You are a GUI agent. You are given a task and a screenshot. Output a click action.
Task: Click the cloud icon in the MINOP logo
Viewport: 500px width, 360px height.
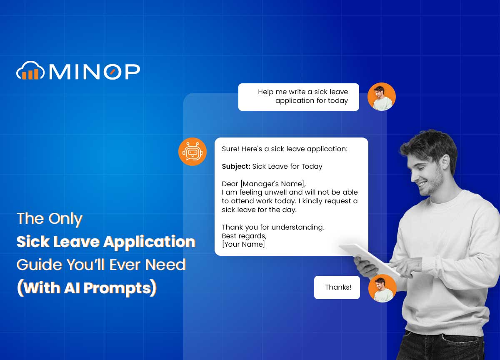click(x=30, y=71)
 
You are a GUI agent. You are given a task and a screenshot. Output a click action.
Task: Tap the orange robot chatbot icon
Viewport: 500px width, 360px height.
click(x=192, y=152)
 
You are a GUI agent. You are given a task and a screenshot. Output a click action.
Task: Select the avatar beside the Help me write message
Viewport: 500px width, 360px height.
click(x=381, y=97)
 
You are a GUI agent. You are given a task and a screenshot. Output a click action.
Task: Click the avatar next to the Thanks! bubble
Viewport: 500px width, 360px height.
click(x=382, y=288)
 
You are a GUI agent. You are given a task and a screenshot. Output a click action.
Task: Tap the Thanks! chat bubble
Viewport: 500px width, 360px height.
click(x=337, y=287)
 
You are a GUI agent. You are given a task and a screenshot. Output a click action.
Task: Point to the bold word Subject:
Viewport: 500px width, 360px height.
click(x=236, y=166)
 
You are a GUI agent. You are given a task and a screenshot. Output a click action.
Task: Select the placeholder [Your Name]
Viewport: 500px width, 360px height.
click(x=243, y=244)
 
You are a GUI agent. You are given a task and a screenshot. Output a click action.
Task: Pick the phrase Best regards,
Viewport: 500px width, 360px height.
click(x=244, y=236)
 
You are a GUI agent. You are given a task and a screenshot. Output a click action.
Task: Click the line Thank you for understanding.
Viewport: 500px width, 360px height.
click(x=273, y=227)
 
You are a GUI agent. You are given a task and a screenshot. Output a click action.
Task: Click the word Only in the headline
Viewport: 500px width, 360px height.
click(x=65, y=219)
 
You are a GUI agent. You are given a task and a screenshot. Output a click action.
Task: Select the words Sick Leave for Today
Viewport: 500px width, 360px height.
click(x=287, y=166)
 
